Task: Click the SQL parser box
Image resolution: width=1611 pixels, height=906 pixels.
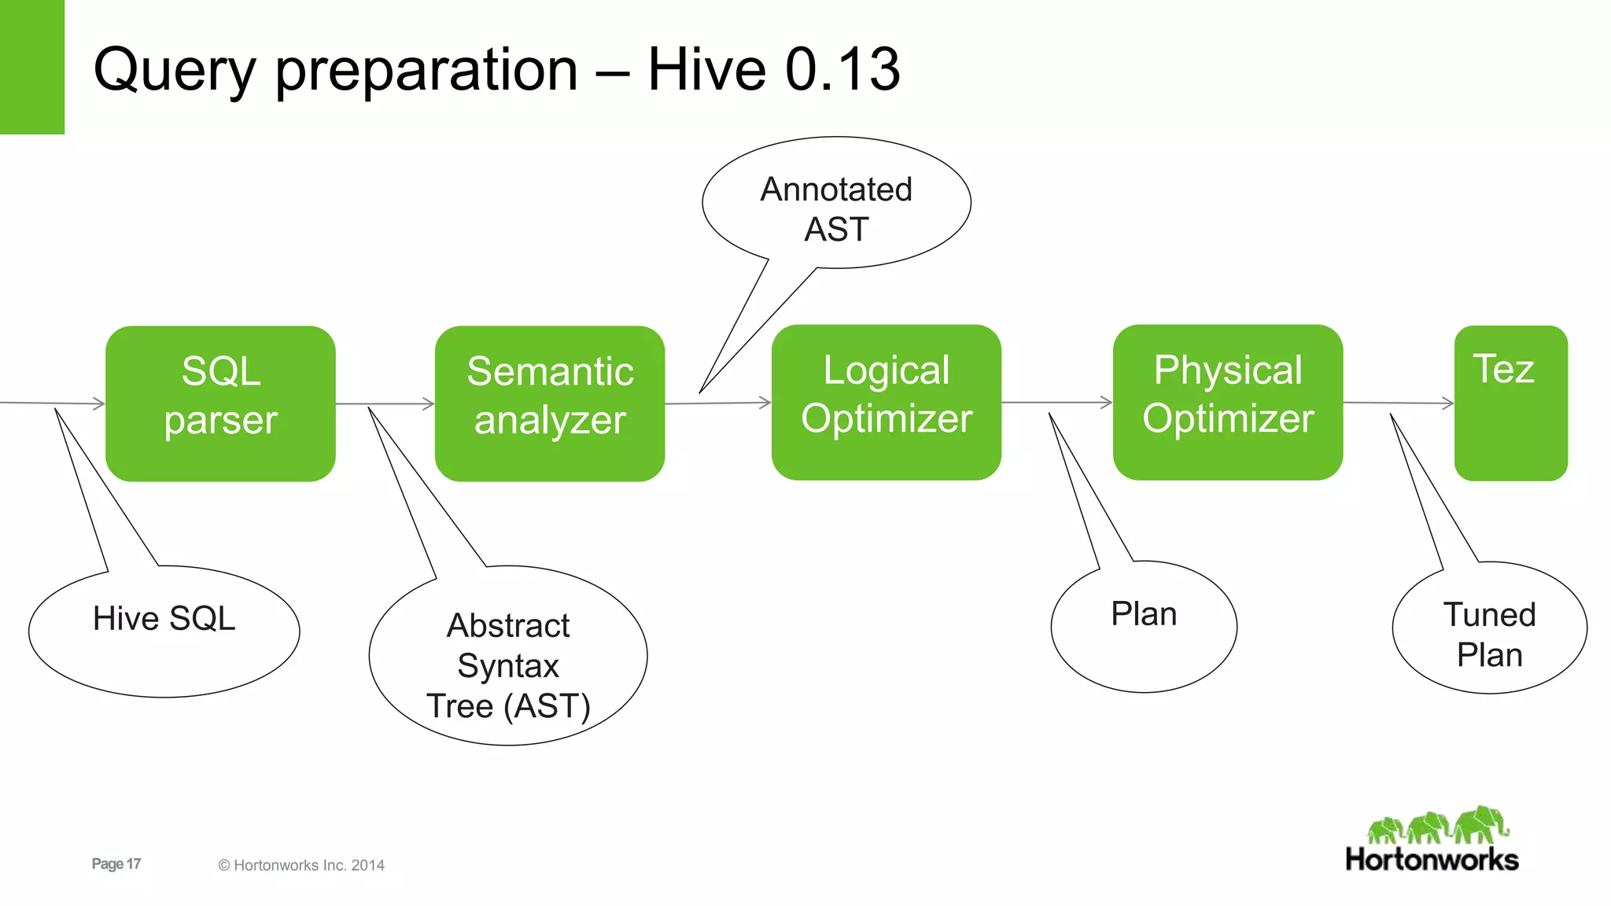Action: click(220, 403)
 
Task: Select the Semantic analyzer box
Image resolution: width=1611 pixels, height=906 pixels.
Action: click(549, 403)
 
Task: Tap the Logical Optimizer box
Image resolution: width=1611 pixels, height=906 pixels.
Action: click(886, 402)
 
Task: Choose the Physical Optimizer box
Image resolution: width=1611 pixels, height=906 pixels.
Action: click(1227, 402)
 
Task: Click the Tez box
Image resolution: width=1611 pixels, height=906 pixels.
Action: click(1510, 403)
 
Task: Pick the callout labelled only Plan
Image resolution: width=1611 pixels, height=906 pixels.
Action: click(1144, 626)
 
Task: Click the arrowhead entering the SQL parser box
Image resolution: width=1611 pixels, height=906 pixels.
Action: click(98, 403)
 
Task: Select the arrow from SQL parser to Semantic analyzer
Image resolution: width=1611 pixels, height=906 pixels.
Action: click(385, 404)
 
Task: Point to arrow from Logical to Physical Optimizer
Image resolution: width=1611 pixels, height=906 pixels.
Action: click(1056, 403)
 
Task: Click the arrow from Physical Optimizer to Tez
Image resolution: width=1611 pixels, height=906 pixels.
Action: click(1399, 403)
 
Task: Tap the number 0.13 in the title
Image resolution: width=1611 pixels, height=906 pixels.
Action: click(842, 69)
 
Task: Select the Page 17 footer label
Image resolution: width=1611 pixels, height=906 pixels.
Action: click(116, 864)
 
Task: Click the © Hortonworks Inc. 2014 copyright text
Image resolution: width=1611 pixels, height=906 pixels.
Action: click(301, 865)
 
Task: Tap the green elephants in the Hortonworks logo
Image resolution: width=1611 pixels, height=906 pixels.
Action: click(1438, 826)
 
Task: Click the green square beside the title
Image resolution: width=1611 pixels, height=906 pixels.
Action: click(31, 67)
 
